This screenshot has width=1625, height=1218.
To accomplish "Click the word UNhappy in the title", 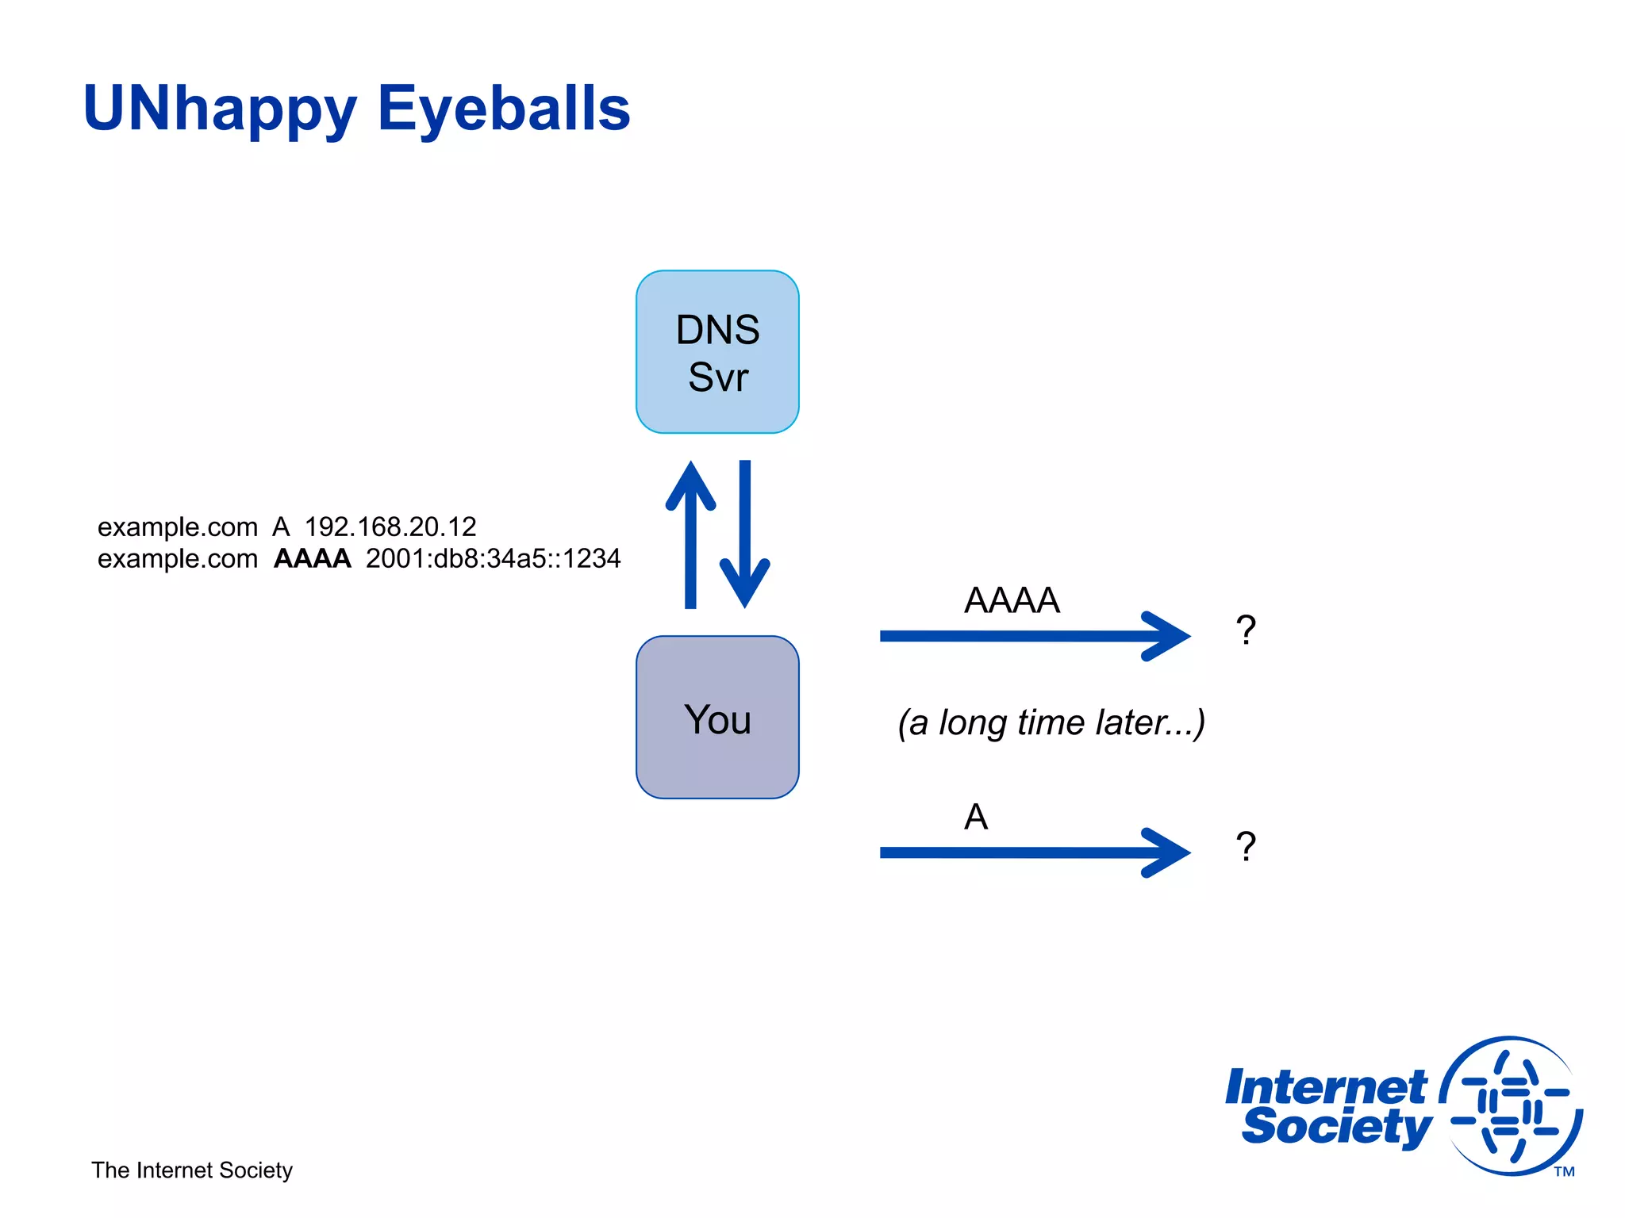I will pyautogui.click(x=220, y=109).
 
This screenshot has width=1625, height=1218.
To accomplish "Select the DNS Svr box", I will pyautogui.click(x=716, y=352).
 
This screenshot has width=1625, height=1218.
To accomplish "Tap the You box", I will pyautogui.click(x=716, y=718).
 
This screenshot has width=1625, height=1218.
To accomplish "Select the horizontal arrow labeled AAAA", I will pyautogui.click(x=1031, y=636).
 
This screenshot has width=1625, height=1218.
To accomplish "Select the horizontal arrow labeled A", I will pyautogui.click(x=1031, y=852).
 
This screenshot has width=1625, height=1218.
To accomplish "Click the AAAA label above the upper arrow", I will pyautogui.click(x=1012, y=600).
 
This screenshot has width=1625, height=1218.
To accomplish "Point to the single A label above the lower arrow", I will pyautogui.click(x=976, y=817).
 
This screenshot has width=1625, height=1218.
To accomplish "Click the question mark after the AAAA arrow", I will pyautogui.click(x=1246, y=631).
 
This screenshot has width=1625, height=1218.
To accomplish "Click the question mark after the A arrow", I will pyautogui.click(x=1246, y=848).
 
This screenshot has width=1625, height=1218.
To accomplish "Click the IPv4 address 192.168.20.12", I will pyautogui.click(x=390, y=527).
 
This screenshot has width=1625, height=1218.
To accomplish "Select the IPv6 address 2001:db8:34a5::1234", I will pyautogui.click(x=493, y=558).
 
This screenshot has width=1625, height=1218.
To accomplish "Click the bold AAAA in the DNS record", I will pyautogui.click(x=312, y=558).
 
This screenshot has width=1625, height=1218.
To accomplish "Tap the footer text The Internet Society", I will pyautogui.click(x=192, y=1170).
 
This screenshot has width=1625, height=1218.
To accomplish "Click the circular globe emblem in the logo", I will pyautogui.click(x=1512, y=1105).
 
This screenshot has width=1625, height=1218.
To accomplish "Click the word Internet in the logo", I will pyautogui.click(x=1325, y=1086).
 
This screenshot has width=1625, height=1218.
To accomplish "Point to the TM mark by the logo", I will pyautogui.click(x=1564, y=1172).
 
